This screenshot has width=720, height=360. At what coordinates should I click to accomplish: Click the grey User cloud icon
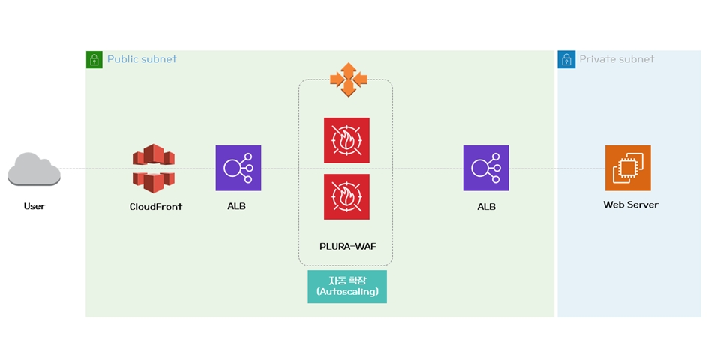click(34, 169)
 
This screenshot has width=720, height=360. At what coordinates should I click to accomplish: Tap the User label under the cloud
click(34, 206)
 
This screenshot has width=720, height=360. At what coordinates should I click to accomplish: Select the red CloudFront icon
click(154, 168)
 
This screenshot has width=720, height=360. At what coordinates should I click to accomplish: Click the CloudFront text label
click(155, 206)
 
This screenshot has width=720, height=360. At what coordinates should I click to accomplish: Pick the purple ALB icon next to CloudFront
click(238, 168)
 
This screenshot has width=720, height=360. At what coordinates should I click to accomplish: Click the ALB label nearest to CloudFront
click(236, 206)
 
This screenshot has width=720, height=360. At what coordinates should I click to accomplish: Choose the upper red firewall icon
click(346, 140)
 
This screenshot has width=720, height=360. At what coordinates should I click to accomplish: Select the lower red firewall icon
click(346, 196)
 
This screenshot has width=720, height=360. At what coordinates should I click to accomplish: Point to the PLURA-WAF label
click(347, 245)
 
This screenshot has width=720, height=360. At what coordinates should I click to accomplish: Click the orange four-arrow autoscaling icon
click(348, 79)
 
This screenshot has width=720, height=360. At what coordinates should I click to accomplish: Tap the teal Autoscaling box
click(347, 286)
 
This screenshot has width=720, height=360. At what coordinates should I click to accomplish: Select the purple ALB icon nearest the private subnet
click(486, 168)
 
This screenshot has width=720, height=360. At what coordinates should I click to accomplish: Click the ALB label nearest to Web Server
click(486, 206)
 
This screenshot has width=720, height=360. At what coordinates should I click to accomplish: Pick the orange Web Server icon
click(628, 168)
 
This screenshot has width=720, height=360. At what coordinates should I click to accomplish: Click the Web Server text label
click(631, 205)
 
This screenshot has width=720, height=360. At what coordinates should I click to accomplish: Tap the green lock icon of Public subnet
click(94, 59)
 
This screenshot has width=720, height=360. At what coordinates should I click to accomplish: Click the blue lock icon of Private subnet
click(566, 59)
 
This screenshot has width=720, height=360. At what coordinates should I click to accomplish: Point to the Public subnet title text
click(142, 59)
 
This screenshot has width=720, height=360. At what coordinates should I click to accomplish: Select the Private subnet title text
click(616, 59)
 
